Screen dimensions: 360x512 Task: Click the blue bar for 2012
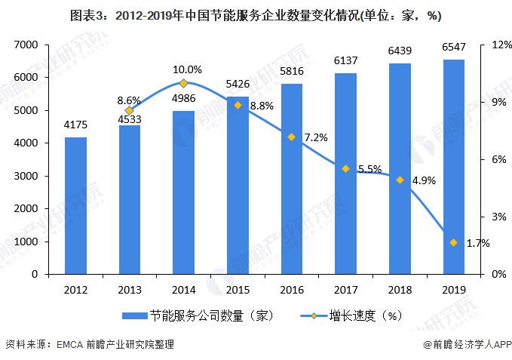point(75,205)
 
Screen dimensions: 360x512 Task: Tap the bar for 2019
point(453,167)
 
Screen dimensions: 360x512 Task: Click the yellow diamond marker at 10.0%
point(183,83)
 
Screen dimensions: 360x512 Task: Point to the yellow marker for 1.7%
point(453,242)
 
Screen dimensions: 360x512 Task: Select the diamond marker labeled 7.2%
point(291,137)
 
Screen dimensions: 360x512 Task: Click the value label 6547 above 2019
point(453,50)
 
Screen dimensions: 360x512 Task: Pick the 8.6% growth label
point(129,100)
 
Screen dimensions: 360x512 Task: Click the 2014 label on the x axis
point(183,289)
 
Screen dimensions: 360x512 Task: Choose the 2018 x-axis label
point(400,289)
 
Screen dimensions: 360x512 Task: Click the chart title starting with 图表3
point(256,15)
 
